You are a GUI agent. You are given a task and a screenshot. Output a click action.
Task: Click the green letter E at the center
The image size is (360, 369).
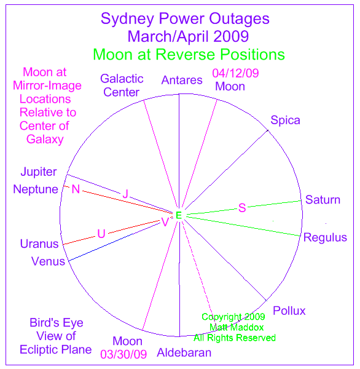[x=179, y=215]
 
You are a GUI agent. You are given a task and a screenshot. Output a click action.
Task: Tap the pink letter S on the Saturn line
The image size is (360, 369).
[x=242, y=208]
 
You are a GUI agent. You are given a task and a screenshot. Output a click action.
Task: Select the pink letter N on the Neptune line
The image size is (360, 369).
[x=76, y=189]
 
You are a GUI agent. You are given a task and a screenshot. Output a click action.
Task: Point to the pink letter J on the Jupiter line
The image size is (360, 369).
[x=125, y=194]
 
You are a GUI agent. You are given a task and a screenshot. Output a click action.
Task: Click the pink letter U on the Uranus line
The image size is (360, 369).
[x=101, y=234]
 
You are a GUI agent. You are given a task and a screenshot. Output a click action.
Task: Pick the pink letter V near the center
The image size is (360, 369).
[x=165, y=222]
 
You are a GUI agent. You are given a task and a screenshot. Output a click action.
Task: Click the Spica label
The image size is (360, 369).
[x=285, y=121]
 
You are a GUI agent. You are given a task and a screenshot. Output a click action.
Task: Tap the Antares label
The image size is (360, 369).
[x=182, y=80]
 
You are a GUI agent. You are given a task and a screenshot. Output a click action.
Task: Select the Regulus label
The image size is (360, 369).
[x=325, y=238]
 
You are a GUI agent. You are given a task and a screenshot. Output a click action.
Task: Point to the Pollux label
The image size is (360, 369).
[x=289, y=311]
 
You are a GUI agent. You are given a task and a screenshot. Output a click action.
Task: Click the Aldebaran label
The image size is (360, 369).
[x=184, y=352]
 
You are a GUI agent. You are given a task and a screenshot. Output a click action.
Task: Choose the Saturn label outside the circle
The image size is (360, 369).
[x=323, y=200]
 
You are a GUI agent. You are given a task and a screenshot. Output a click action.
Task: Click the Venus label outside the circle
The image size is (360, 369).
[x=48, y=261]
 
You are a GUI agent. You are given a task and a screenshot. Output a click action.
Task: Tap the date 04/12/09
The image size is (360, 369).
[x=235, y=73]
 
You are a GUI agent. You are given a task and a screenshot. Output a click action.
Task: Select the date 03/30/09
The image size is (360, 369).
[x=123, y=354]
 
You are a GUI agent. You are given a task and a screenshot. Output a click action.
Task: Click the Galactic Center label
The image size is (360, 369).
[x=122, y=85]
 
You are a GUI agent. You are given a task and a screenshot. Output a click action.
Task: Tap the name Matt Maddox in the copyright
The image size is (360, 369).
[x=237, y=327]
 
